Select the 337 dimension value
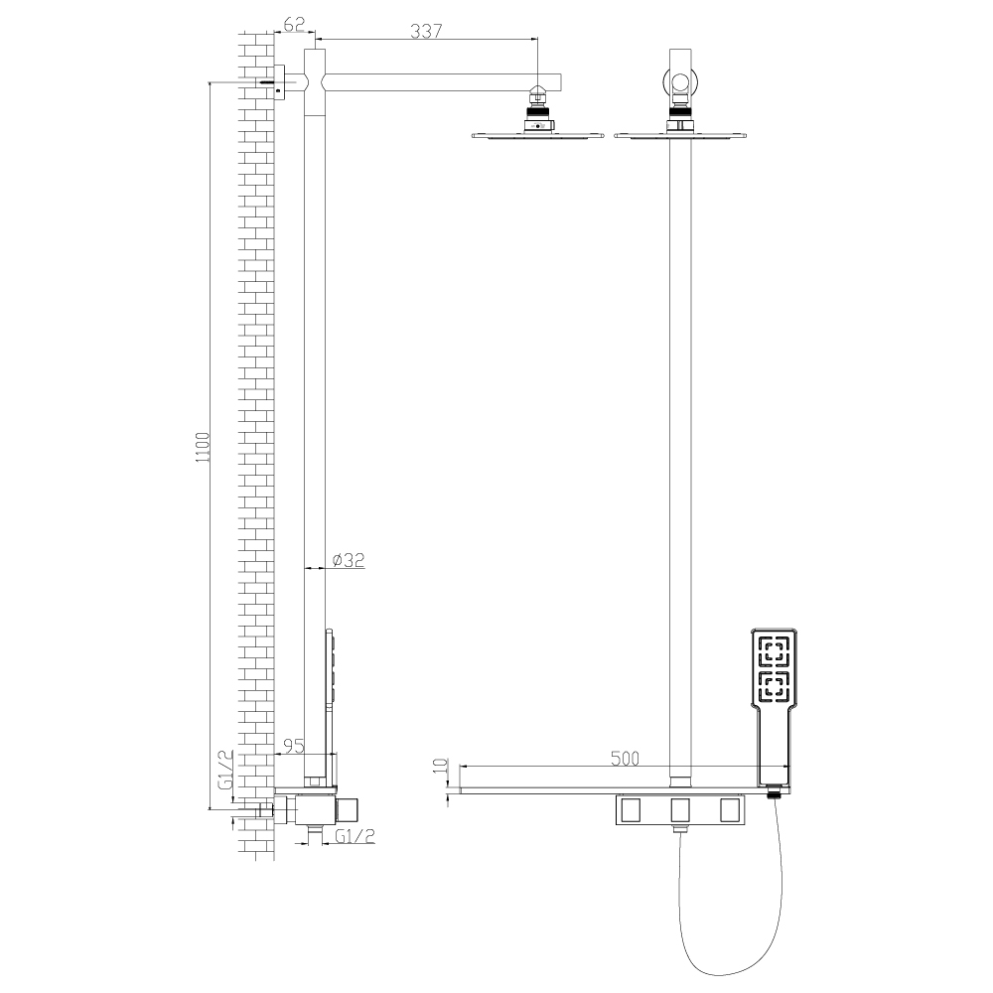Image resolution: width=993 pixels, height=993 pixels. pos(426,31)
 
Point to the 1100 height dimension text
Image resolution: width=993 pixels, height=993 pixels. pos(202,447)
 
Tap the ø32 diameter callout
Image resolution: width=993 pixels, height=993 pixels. pos(349,560)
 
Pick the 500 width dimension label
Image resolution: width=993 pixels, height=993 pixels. pos(625,758)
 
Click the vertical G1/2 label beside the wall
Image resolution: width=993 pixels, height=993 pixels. pos(225,770)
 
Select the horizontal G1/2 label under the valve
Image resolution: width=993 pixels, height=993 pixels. pos(355,836)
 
